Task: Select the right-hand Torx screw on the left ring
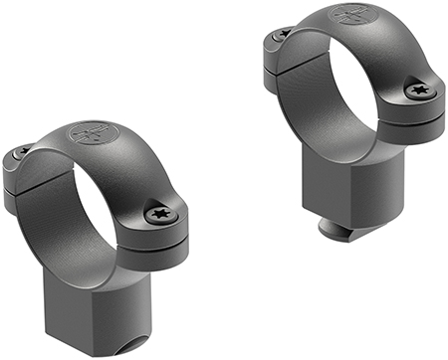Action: [x=158, y=213]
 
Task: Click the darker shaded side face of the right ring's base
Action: [x=393, y=189]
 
